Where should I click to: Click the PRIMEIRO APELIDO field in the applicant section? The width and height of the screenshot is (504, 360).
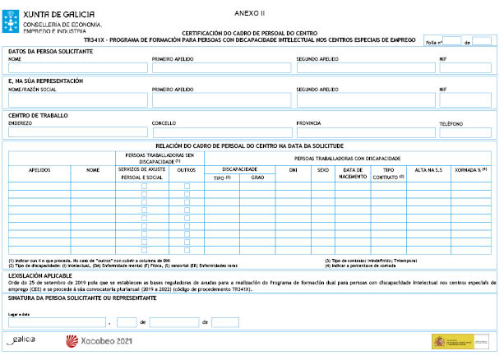(x=222, y=67)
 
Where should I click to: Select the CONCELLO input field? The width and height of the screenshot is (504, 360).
(x=222, y=132)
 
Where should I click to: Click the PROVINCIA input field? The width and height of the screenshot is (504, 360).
(x=366, y=132)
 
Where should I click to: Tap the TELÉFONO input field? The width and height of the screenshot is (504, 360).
(x=465, y=132)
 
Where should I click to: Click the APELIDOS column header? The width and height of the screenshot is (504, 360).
(x=39, y=171)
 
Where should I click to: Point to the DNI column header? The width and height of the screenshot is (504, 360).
(x=293, y=171)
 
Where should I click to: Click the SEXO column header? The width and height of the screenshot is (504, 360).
(x=321, y=171)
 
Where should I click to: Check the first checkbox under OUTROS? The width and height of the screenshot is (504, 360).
(x=187, y=187)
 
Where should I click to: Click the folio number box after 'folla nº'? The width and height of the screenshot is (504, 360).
(x=451, y=40)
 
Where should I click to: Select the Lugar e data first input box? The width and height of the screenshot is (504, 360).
(x=57, y=321)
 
